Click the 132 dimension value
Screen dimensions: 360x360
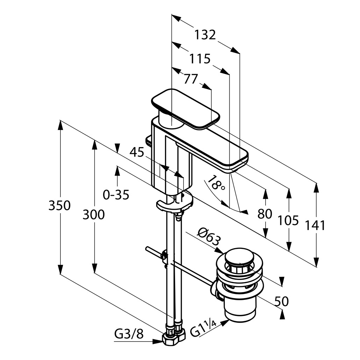[x=205, y=35]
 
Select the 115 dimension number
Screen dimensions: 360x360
[x=200, y=58]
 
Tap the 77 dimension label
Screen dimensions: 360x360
[x=191, y=79]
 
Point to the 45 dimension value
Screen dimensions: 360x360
[x=137, y=152]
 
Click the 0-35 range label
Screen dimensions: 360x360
[x=116, y=195]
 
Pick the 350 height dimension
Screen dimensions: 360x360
[x=59, y=206]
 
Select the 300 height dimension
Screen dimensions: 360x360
[x=93, y=215]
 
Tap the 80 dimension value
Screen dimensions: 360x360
[x=265, y=214]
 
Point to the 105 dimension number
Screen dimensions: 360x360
[x=288, y=221]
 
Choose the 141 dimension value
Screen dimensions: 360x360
[x=316, y=225]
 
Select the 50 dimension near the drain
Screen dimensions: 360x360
[x=282, y=301]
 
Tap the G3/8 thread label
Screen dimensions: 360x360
[x=129, y=334]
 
